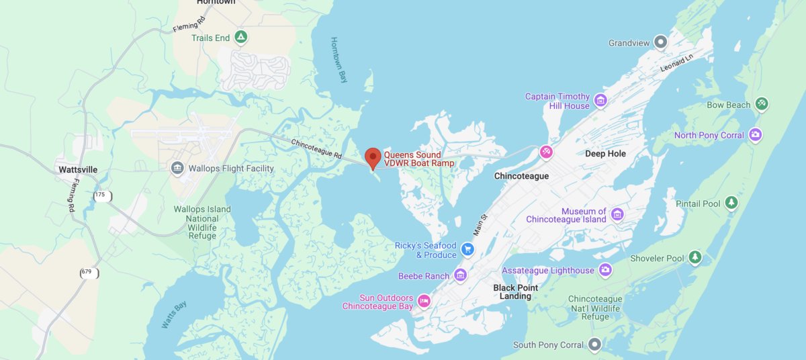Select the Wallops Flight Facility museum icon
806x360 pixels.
[177, 168]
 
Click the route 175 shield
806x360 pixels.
[101, 195]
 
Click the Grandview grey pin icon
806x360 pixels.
[661, 43]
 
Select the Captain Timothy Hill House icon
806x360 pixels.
[600, 101]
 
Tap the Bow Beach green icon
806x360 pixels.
[762, 104]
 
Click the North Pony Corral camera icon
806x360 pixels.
[756, 135]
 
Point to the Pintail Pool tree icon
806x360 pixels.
[731, 203]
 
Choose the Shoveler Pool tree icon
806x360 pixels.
[695, 258]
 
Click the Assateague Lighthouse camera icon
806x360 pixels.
[605, 270]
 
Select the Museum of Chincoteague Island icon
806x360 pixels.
[617, 215]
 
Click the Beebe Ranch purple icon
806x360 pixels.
[460, 275]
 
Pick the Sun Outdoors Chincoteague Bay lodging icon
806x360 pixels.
[423, 301]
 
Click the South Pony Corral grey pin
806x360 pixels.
[594, 345]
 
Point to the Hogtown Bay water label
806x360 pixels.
[339, 60]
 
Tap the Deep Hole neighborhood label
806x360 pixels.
[605, 154]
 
